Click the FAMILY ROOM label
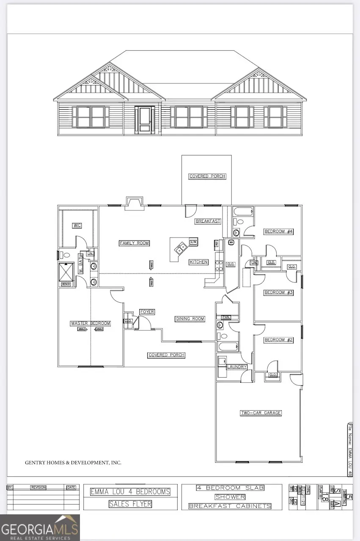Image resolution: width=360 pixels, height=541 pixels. pos(134,243)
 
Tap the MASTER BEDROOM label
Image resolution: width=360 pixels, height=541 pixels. pos(90,323)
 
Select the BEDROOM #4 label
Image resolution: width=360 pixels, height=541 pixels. pos(279,232)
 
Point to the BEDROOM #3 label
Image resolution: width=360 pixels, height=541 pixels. pos(279,293)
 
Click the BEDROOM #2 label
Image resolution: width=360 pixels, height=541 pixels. pos(279,340)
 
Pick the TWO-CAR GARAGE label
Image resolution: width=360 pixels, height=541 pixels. pos(261,413)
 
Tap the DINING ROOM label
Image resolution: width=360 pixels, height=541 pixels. pos(190,319)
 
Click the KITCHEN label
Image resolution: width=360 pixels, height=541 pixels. pos(198,262)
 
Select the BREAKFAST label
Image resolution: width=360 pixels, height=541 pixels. pos(208,221)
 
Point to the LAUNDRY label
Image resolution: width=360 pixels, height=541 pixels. pos(236,367)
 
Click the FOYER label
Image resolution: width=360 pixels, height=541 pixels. pos(147,312)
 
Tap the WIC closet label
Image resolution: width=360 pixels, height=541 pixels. pos(77,226)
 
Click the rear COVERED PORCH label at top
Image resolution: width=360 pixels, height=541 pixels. pos(207,176)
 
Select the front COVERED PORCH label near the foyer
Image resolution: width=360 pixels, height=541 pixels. pos(166,355)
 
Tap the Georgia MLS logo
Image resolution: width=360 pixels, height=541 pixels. pos(40,527)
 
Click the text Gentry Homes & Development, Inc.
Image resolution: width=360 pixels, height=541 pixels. pos(73,463)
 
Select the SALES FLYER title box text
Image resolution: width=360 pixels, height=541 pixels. pos(130,504)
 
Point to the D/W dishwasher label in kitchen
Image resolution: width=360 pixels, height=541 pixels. pos(193,242)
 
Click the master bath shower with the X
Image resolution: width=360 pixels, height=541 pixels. pos(66,271)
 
